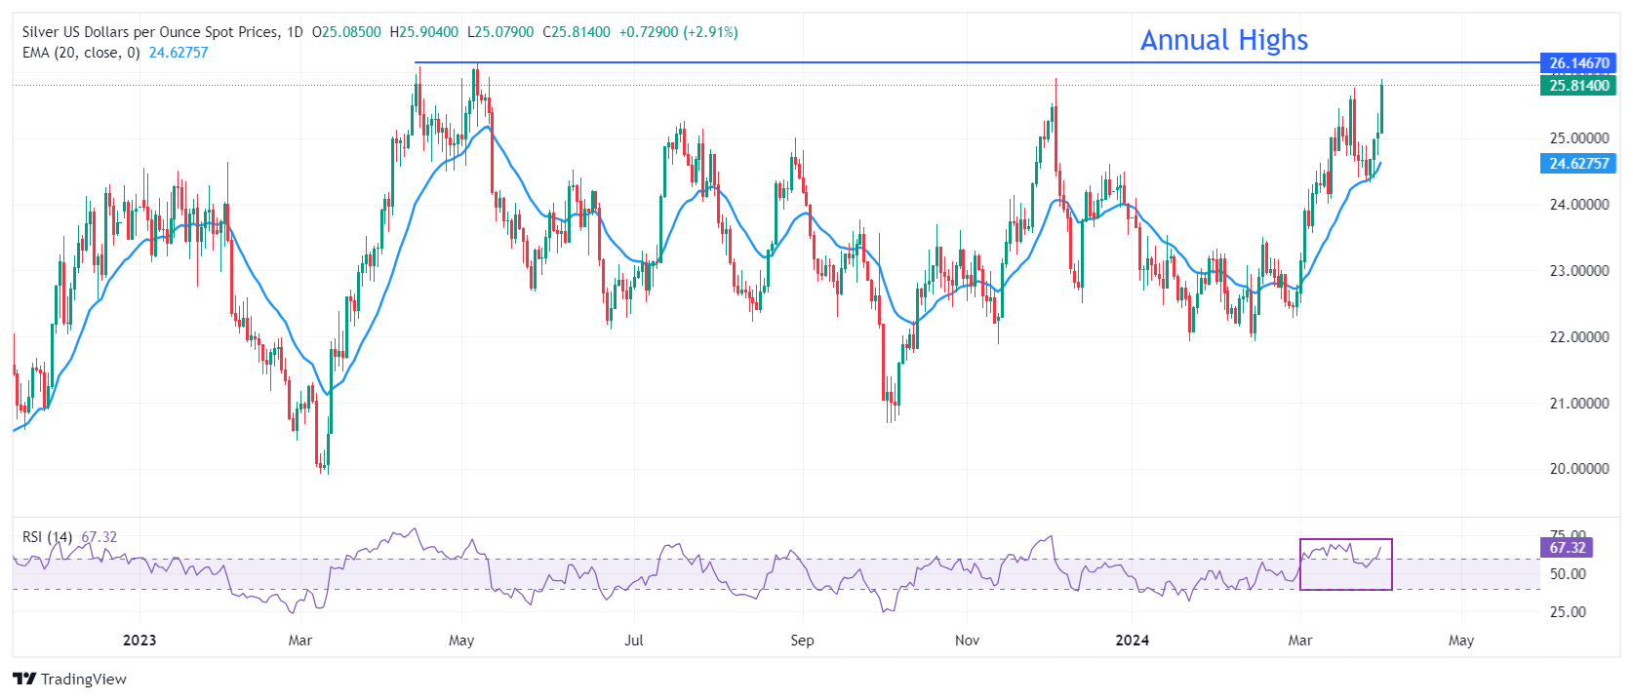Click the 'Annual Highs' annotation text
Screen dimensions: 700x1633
1223,40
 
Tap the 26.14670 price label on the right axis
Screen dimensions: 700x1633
1578,63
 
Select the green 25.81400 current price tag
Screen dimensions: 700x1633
1578,86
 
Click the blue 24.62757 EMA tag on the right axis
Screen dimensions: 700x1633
1578,164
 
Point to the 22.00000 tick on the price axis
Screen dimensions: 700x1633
1578,337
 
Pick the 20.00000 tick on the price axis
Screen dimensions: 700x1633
1578,469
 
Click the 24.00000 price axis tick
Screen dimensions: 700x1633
1578,205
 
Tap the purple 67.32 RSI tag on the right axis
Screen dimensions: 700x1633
1567,548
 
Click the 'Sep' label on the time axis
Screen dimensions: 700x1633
802,641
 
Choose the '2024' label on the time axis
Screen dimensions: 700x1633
1132,641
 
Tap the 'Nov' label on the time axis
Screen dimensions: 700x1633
967,641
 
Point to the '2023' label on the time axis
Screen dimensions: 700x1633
139,641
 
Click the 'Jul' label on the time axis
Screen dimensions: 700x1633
634,641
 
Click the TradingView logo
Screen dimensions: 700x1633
70,680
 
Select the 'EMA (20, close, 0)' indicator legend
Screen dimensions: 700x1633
81,53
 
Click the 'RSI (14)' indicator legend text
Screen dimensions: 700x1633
47,537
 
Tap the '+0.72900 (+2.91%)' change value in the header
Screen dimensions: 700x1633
678,32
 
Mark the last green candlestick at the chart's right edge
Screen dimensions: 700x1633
1381,108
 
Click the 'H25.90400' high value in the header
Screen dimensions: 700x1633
423,32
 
